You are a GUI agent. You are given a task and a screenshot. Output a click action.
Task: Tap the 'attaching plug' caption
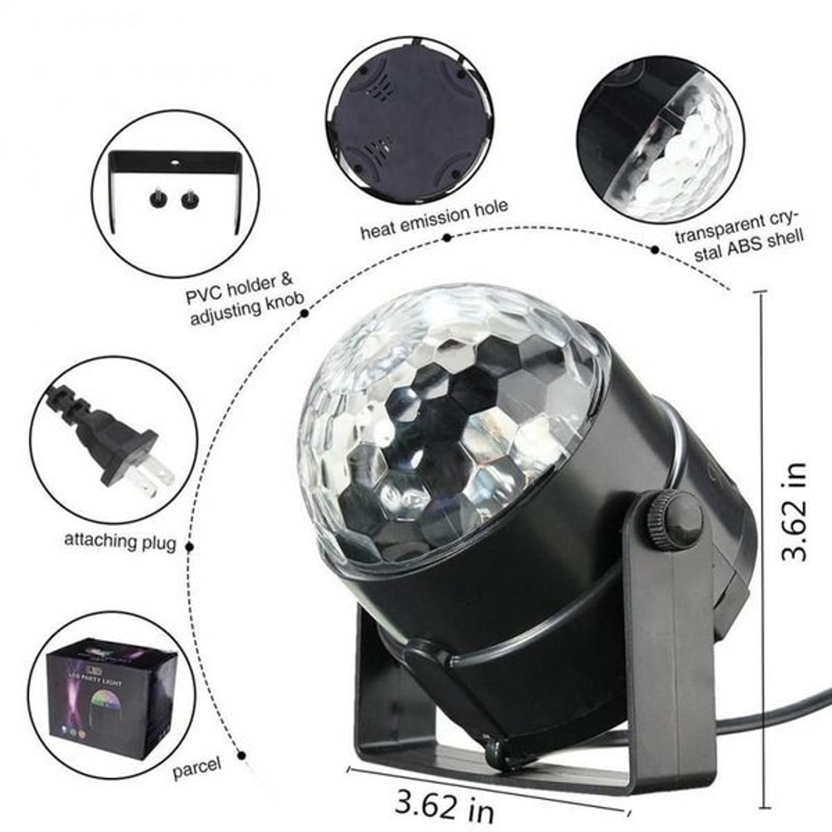coord(121,541)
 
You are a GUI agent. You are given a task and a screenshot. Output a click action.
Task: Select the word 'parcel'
coord(197,767)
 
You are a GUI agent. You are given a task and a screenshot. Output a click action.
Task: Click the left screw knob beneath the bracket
coord(156,199)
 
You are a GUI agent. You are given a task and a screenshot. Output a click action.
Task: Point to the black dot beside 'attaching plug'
coord(190,547)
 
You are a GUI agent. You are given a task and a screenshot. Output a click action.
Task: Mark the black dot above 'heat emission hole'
coord(447,238)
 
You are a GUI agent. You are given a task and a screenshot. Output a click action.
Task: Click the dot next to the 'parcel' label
coord(242,755)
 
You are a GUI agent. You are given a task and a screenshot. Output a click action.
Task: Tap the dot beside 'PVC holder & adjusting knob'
coord(305,314)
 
